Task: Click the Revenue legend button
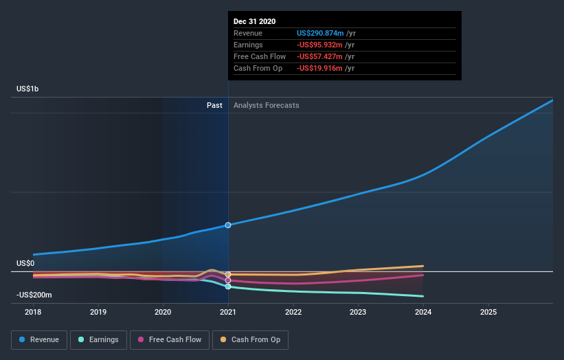(39, 339)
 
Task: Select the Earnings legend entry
(98, 339)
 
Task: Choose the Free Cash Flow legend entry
(169, 339)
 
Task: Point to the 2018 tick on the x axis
(33, 311)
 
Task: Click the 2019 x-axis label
(98, 311)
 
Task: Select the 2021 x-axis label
(228, 311)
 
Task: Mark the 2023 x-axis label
(358, 311)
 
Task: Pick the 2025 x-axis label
(488, 311)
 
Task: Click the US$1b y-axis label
(28, 89)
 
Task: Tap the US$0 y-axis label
(25, 263)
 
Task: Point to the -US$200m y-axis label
(34, 295)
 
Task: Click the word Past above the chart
(214, 105)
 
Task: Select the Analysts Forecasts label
(266, 105)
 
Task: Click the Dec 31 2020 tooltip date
(255, 21)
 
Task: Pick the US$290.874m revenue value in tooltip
(320, 33)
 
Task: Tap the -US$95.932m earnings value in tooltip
(320, 45)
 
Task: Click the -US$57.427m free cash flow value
(320, 56)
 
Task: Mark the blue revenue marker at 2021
(228, 225)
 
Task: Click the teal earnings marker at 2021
(228, 286)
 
